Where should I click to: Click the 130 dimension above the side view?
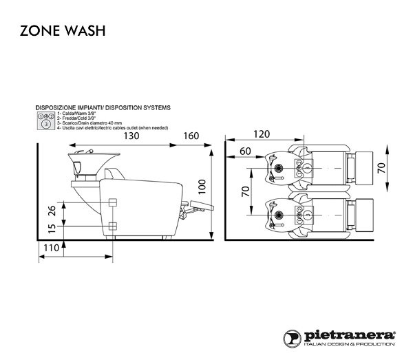coord(133,136)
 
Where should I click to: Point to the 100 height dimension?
coord(201,185)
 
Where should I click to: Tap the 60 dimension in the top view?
coord(245,151)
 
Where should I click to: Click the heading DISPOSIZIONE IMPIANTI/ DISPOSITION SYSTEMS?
coord(103,108)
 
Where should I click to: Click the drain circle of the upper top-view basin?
coord(279,168)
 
